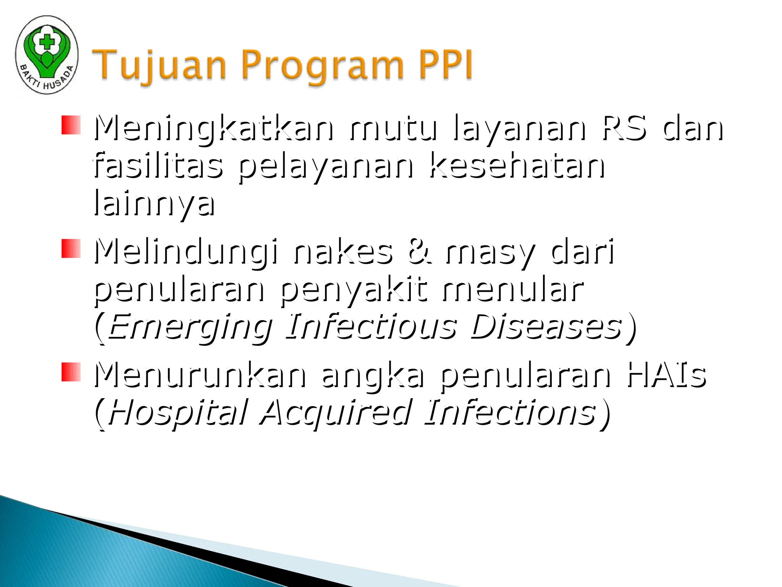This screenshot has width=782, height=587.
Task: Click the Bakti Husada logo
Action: (x=47, y=55)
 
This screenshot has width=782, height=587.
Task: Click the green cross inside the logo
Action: (x=47, y=41)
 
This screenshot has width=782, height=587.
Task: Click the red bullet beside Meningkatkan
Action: (x=71, y=125)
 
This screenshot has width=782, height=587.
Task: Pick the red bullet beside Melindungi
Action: (x=71, y=248)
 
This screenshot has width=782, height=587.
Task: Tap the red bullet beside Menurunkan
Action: (x=71, y=372)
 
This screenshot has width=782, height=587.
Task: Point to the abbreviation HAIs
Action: (x=667, y=375)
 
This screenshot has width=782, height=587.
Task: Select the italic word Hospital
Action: (x=178, y=413)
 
